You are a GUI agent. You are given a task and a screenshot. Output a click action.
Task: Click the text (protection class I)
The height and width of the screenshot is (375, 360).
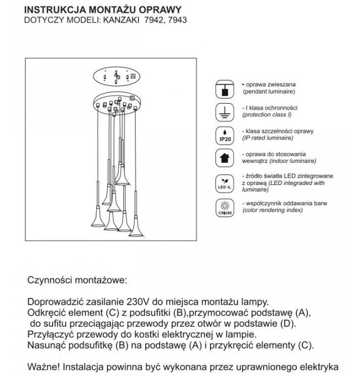(x=268, y=114)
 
